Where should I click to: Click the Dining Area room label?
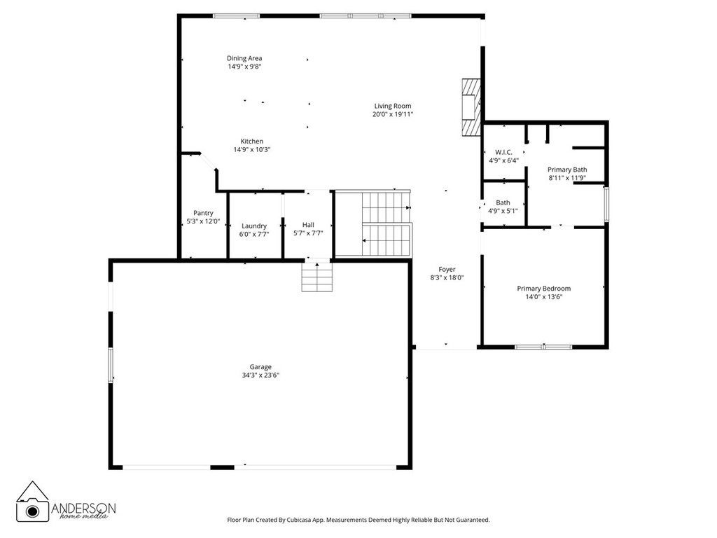[x=244, y=58]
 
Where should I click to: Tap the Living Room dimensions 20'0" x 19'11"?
[x=392, y=114]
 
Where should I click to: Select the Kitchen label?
[x=252, y=141]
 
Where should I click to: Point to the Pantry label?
[x=203, y=213]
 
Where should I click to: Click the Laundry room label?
[x=254, y=226]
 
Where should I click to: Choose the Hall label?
[x=308, y=225]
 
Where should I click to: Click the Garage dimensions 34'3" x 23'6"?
[x=260, y=375]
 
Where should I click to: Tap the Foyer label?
[x=447, y=269]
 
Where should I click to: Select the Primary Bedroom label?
[x=543, y=289]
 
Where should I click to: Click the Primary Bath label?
[x=567, y=170]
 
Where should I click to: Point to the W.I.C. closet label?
[x=503, y=152]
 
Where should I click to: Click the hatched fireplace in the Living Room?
[x=471, y=106]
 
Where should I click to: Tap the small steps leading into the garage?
[x=316, y=277]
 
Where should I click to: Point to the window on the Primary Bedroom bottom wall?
[x=543, y=346]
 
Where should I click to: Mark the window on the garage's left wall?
[x=110, y=365]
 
